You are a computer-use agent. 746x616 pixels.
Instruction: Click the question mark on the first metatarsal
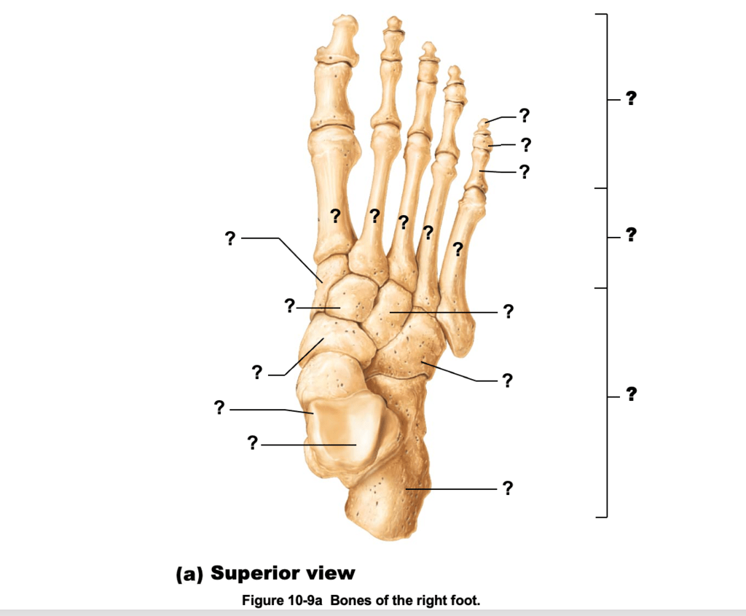tap(335, 215)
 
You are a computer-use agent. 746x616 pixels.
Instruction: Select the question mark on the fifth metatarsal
tap(458, 249)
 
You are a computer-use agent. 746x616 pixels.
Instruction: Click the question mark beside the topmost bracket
tap(631, 98)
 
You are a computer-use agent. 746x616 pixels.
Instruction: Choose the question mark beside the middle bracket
tap(631, 234)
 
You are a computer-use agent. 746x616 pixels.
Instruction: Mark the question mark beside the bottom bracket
tap(631, 394)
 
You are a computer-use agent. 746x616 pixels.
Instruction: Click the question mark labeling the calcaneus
tap(507, 488)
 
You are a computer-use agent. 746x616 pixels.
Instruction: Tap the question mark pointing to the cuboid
tap(507, 380)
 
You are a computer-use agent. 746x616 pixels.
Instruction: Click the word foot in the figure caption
tap(466, 601)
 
